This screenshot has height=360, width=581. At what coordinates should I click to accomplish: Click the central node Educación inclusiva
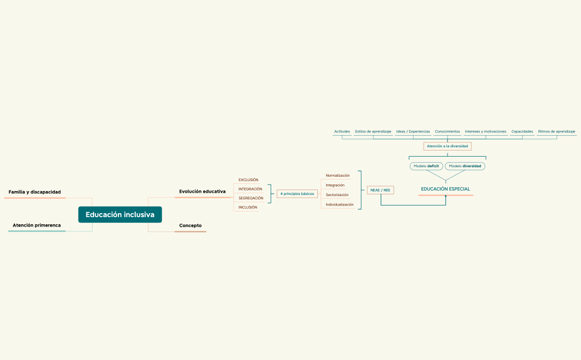(120, 214)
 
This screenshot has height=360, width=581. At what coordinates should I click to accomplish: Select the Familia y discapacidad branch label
(34, 192)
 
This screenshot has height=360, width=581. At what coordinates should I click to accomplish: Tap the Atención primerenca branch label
(37, 225)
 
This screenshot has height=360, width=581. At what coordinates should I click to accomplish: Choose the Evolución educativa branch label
(202, 191)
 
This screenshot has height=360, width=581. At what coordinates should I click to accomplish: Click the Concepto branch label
(190, 225)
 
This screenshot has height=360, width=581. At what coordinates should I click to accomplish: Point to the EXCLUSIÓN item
(248, 179)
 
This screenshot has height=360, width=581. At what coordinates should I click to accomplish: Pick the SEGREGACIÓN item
(250, 198)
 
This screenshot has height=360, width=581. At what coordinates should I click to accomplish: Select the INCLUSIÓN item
(248, 207)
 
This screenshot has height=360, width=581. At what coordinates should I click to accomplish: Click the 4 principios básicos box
(297, 194)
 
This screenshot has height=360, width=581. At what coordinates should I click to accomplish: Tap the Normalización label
(337, 176)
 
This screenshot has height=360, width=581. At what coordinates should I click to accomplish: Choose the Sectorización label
(337, 195)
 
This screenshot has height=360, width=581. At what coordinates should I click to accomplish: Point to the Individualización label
(340, 204)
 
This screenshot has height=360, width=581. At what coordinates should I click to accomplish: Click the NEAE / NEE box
(380, 190)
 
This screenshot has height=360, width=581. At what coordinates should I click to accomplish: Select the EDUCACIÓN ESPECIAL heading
(445, 189)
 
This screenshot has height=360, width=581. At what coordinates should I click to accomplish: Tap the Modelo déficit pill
(426, 166)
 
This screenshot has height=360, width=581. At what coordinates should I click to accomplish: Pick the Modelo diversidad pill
(465, 166)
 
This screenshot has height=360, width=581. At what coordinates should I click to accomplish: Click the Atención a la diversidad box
(447, 146)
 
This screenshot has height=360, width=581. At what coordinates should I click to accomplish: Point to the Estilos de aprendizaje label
(373, 132)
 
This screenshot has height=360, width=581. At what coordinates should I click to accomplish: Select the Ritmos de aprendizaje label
(556, 132)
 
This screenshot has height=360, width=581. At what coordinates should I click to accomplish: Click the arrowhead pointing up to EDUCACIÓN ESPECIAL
(445, 196)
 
